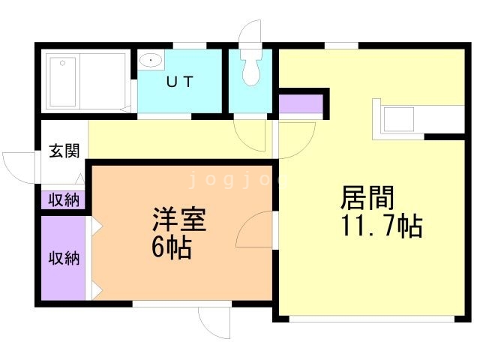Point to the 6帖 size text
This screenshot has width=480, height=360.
coord(171,247)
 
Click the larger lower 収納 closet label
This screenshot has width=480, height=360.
coord(64,258)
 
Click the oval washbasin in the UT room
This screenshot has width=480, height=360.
coord(151,59)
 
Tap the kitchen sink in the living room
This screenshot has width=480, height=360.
coord(399,118)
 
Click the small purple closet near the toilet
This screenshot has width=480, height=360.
coord(300,103)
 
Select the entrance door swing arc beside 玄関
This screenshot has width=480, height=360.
coord(19,165)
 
